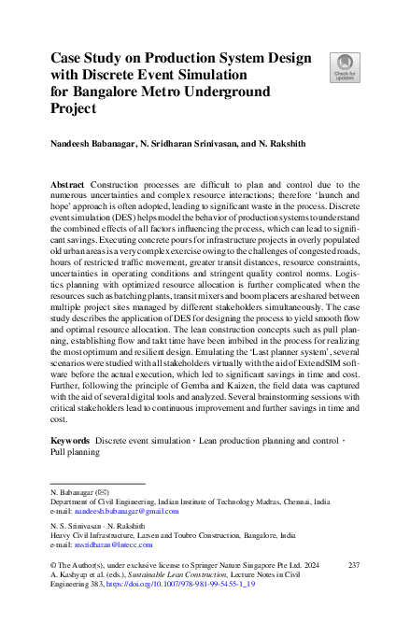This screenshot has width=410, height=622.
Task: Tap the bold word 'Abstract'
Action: pos(70,186)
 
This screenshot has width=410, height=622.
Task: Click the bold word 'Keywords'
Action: pos(71,438)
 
